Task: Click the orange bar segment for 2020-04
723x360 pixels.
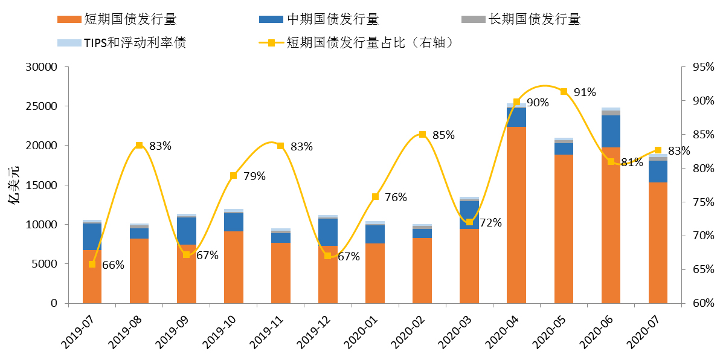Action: [x=516, y=214]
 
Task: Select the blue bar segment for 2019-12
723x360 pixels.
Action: [x=327, y=232]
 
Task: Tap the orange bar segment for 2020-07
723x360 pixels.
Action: [x=658, y=242]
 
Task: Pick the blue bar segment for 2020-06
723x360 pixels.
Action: [x=611, y=131]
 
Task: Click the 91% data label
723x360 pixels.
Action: [x=585, y=92]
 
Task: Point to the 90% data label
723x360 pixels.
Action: [x=537, y=103]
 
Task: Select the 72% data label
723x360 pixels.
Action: [x=490, y=223]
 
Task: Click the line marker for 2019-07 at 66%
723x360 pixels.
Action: [x=92, y=264]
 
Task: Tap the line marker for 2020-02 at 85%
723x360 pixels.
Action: [x=422, y=134]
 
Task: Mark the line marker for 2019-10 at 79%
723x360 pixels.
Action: [x=233, y=175]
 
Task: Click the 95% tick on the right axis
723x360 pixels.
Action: [x=693, y=67]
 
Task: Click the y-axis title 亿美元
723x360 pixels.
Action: [x=15, y=185]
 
